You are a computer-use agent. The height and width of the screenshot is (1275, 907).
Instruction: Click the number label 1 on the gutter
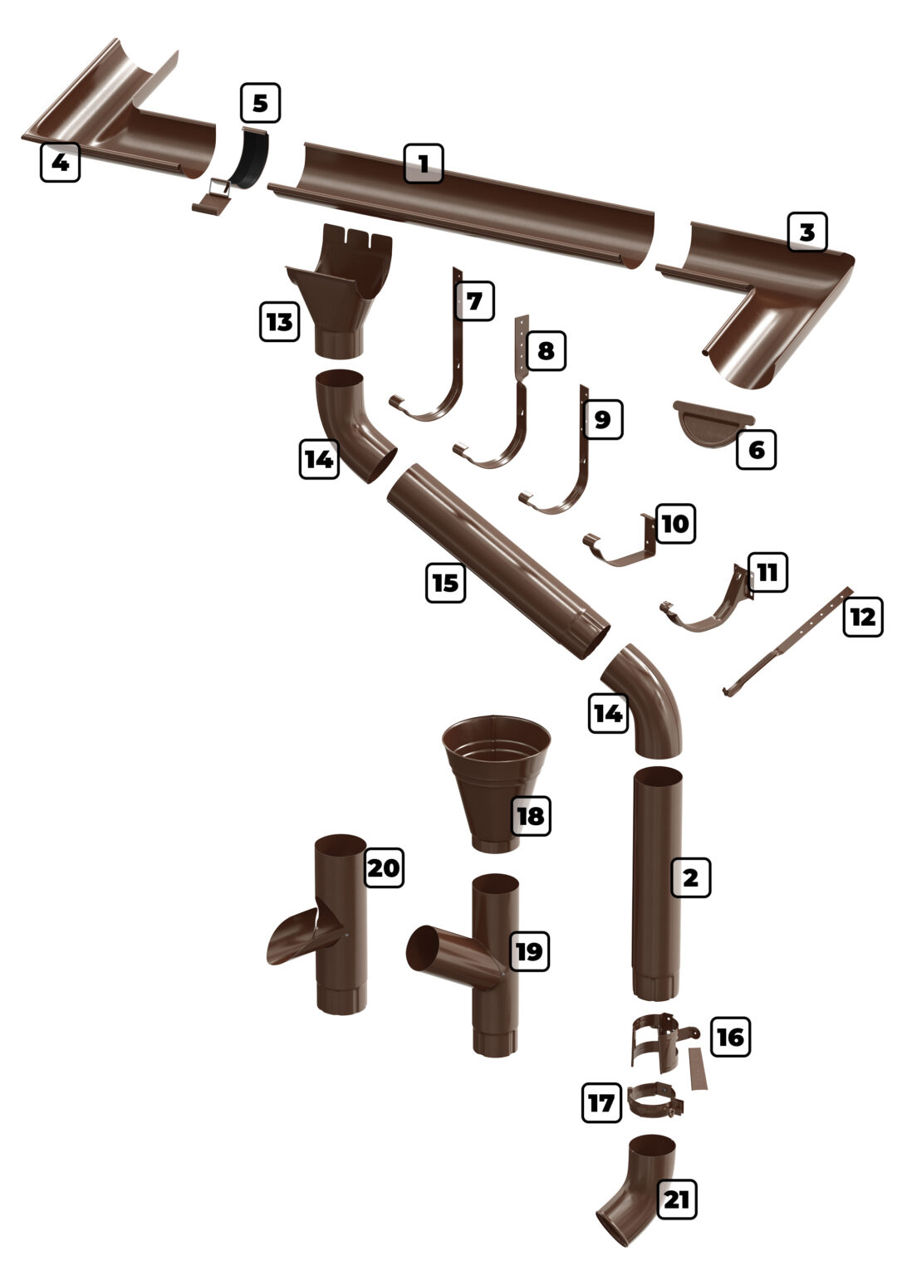424,164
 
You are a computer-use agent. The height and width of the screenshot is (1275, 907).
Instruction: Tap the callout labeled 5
261,104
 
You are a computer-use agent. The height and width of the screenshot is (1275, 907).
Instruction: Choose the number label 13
280,320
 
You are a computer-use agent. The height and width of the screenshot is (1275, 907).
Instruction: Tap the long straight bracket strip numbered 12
785,643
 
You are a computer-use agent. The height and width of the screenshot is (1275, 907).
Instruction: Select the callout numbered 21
677,1199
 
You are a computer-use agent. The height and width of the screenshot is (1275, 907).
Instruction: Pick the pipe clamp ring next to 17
656,1103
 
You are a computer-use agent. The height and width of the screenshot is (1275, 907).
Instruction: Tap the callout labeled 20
383,868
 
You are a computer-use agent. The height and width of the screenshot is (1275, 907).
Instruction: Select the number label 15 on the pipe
446,582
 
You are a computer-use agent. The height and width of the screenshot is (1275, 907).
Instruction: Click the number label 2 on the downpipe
691,877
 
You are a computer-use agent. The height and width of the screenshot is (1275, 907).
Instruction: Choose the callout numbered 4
60,162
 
